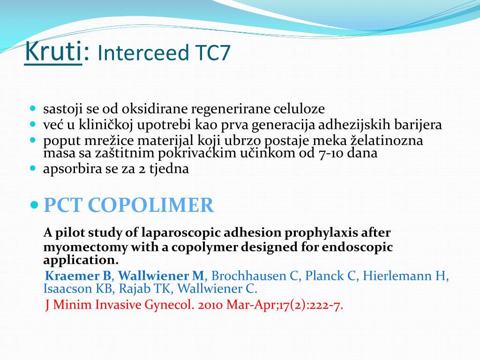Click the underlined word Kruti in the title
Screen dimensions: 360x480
coord(53,52)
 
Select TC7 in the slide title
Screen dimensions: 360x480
coord(212,53)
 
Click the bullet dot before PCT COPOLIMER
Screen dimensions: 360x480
coord(34,205)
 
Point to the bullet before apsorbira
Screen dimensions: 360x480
coord(33,167)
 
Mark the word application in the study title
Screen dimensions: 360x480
coord(79,260)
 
